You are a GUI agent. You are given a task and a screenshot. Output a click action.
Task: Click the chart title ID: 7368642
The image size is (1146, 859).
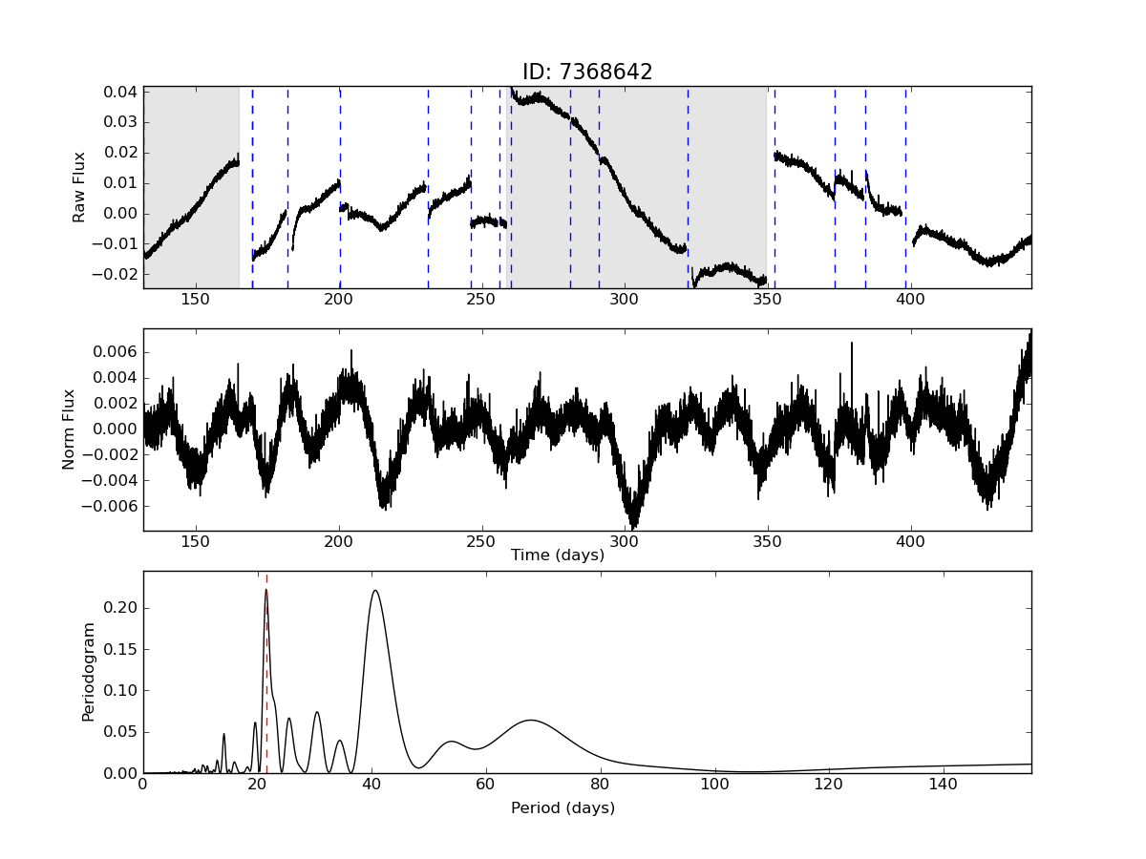click(x=586, y=73)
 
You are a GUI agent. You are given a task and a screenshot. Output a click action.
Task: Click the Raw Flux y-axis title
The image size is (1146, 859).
click(x=80, y=187)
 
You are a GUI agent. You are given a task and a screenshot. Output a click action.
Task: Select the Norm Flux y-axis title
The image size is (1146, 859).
click(x=69, y=429)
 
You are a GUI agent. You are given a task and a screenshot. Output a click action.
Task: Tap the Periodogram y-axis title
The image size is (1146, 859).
click(x=89, y=672)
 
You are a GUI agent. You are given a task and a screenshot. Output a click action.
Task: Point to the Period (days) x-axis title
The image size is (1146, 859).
click(x=562, y=808)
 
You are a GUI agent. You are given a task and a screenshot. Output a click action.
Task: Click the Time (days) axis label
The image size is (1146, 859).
click(x=558, y=555)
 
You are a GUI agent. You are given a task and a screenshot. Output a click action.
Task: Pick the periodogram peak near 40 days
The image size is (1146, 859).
click(x=374, y=592)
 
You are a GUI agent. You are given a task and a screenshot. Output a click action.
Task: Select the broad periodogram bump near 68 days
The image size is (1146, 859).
click(x=531, y=721)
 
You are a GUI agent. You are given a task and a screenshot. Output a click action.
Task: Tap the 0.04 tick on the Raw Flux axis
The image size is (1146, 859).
click(x=124, y=92)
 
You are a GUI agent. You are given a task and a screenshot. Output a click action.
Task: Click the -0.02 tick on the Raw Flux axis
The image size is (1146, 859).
click(x=121, y=275)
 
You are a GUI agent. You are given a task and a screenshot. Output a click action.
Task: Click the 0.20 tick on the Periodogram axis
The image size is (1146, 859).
click(x=122, y=608)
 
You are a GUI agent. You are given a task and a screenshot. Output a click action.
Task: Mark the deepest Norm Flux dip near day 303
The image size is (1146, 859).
click(x=633, y=524)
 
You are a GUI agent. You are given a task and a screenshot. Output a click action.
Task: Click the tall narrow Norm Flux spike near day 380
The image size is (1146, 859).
click(x=852, y=344)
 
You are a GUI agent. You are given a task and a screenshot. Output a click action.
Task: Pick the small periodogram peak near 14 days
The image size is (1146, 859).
click(x=223, y=735)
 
